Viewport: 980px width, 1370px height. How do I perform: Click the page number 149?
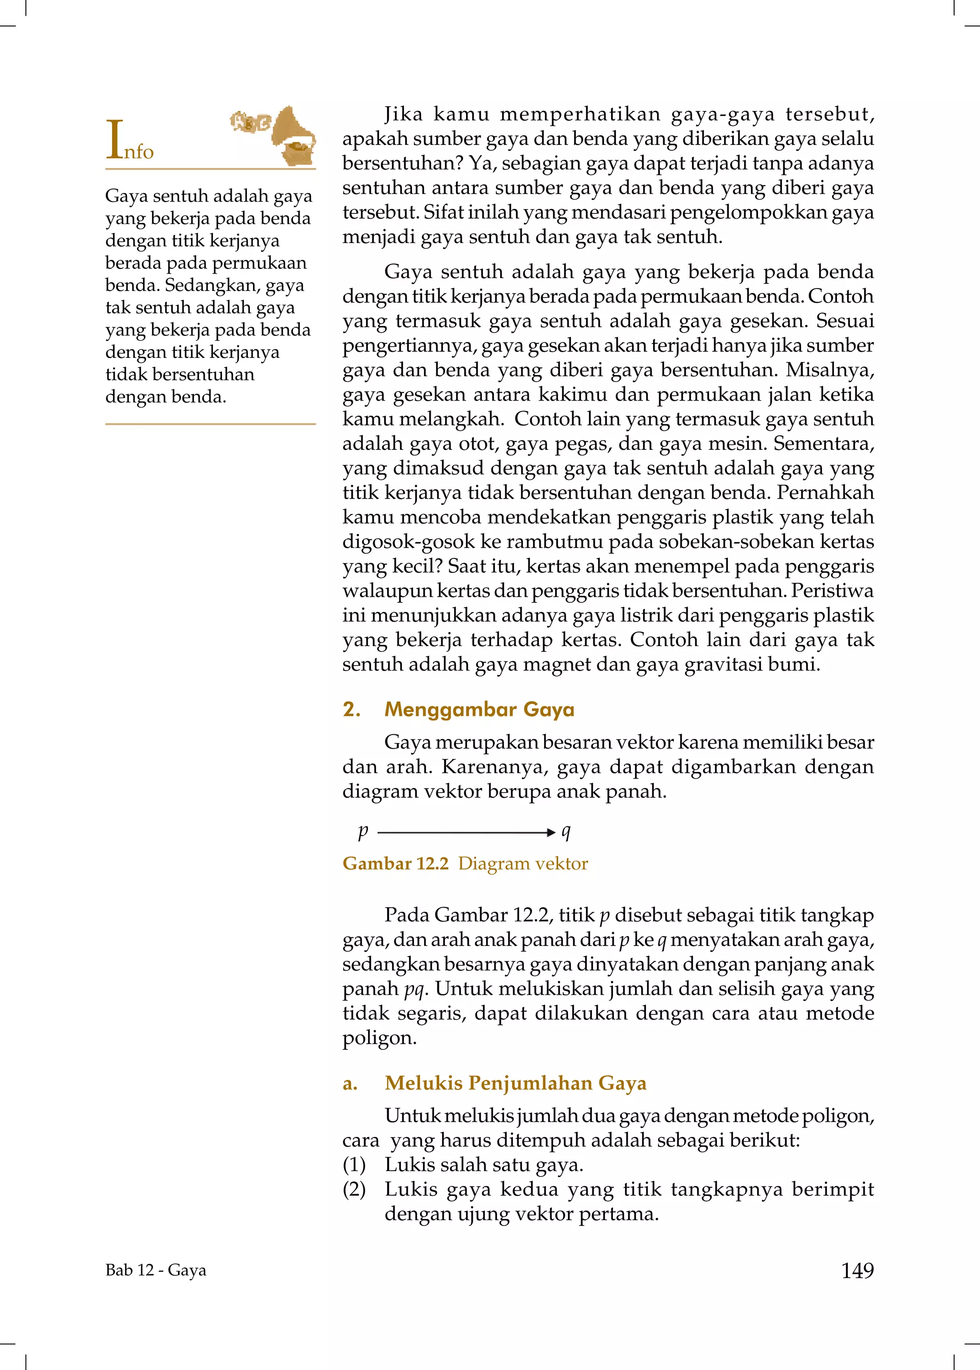[x=857, y=1270]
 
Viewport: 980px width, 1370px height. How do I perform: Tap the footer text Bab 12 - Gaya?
[x=156, y=1270]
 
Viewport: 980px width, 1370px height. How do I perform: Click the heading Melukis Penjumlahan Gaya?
[x=515, y=1083]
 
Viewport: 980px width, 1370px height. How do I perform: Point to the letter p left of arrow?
[x=363, y=832]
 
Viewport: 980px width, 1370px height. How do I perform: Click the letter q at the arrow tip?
[x=566, y=832]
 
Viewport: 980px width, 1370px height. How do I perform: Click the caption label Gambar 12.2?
[x=395, y=864]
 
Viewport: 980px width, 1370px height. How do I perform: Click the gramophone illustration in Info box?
[x=294, y=136]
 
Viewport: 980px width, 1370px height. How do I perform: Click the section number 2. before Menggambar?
[x=351, y=709]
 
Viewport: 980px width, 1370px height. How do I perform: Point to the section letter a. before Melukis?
[x=350, y=1084]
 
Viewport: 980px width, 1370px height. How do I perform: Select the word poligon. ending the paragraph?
[x=379, y=1038]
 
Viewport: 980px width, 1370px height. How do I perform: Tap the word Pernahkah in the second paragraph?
[x=825, y=492]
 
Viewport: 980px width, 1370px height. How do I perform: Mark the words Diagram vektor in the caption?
[x=523, y=864]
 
